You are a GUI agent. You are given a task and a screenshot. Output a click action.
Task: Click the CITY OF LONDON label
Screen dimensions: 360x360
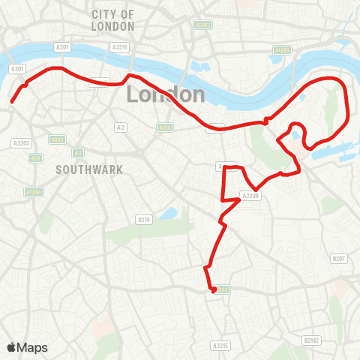(x=113, y=20)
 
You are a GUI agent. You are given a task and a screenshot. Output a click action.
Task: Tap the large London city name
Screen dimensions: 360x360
(x=166, y=94)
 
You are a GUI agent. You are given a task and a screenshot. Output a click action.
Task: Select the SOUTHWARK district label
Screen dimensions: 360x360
(x=88, y=170)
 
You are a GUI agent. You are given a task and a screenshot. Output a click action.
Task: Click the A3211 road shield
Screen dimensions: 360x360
(x=119, y=46)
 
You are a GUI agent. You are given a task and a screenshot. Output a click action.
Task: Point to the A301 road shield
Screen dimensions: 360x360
(x=17, y=68)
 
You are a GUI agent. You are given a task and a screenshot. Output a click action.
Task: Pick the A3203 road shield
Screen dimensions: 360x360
(x=21, y=142)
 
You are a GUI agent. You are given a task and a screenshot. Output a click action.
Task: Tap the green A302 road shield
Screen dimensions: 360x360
(x=58, y=139)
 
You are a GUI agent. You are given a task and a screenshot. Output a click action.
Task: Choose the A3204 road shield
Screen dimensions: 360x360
(x=34, y=192)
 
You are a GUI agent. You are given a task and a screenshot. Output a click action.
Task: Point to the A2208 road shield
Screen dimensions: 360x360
(x=250, y=196)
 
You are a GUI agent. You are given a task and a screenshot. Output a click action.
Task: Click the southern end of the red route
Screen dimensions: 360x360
(x=213, y=290)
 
